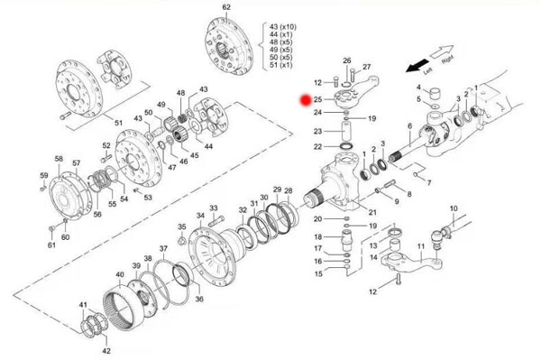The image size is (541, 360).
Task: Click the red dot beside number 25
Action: pyautogui.click(x=306, y=100)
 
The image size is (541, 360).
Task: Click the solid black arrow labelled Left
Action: pyautogui.click(x=417, y=66)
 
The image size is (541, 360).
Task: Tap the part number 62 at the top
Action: pyautogui.click(x=226, y=7)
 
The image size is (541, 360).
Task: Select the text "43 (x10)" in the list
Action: pyautogui.click(x=283, y=27)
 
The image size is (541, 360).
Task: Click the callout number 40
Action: pyautogui.click(x=120, y=275)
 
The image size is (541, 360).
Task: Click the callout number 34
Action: pyautogui.click(x=200, y=216)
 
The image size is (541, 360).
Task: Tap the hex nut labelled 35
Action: pyautogui.click(x=181, y=241)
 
